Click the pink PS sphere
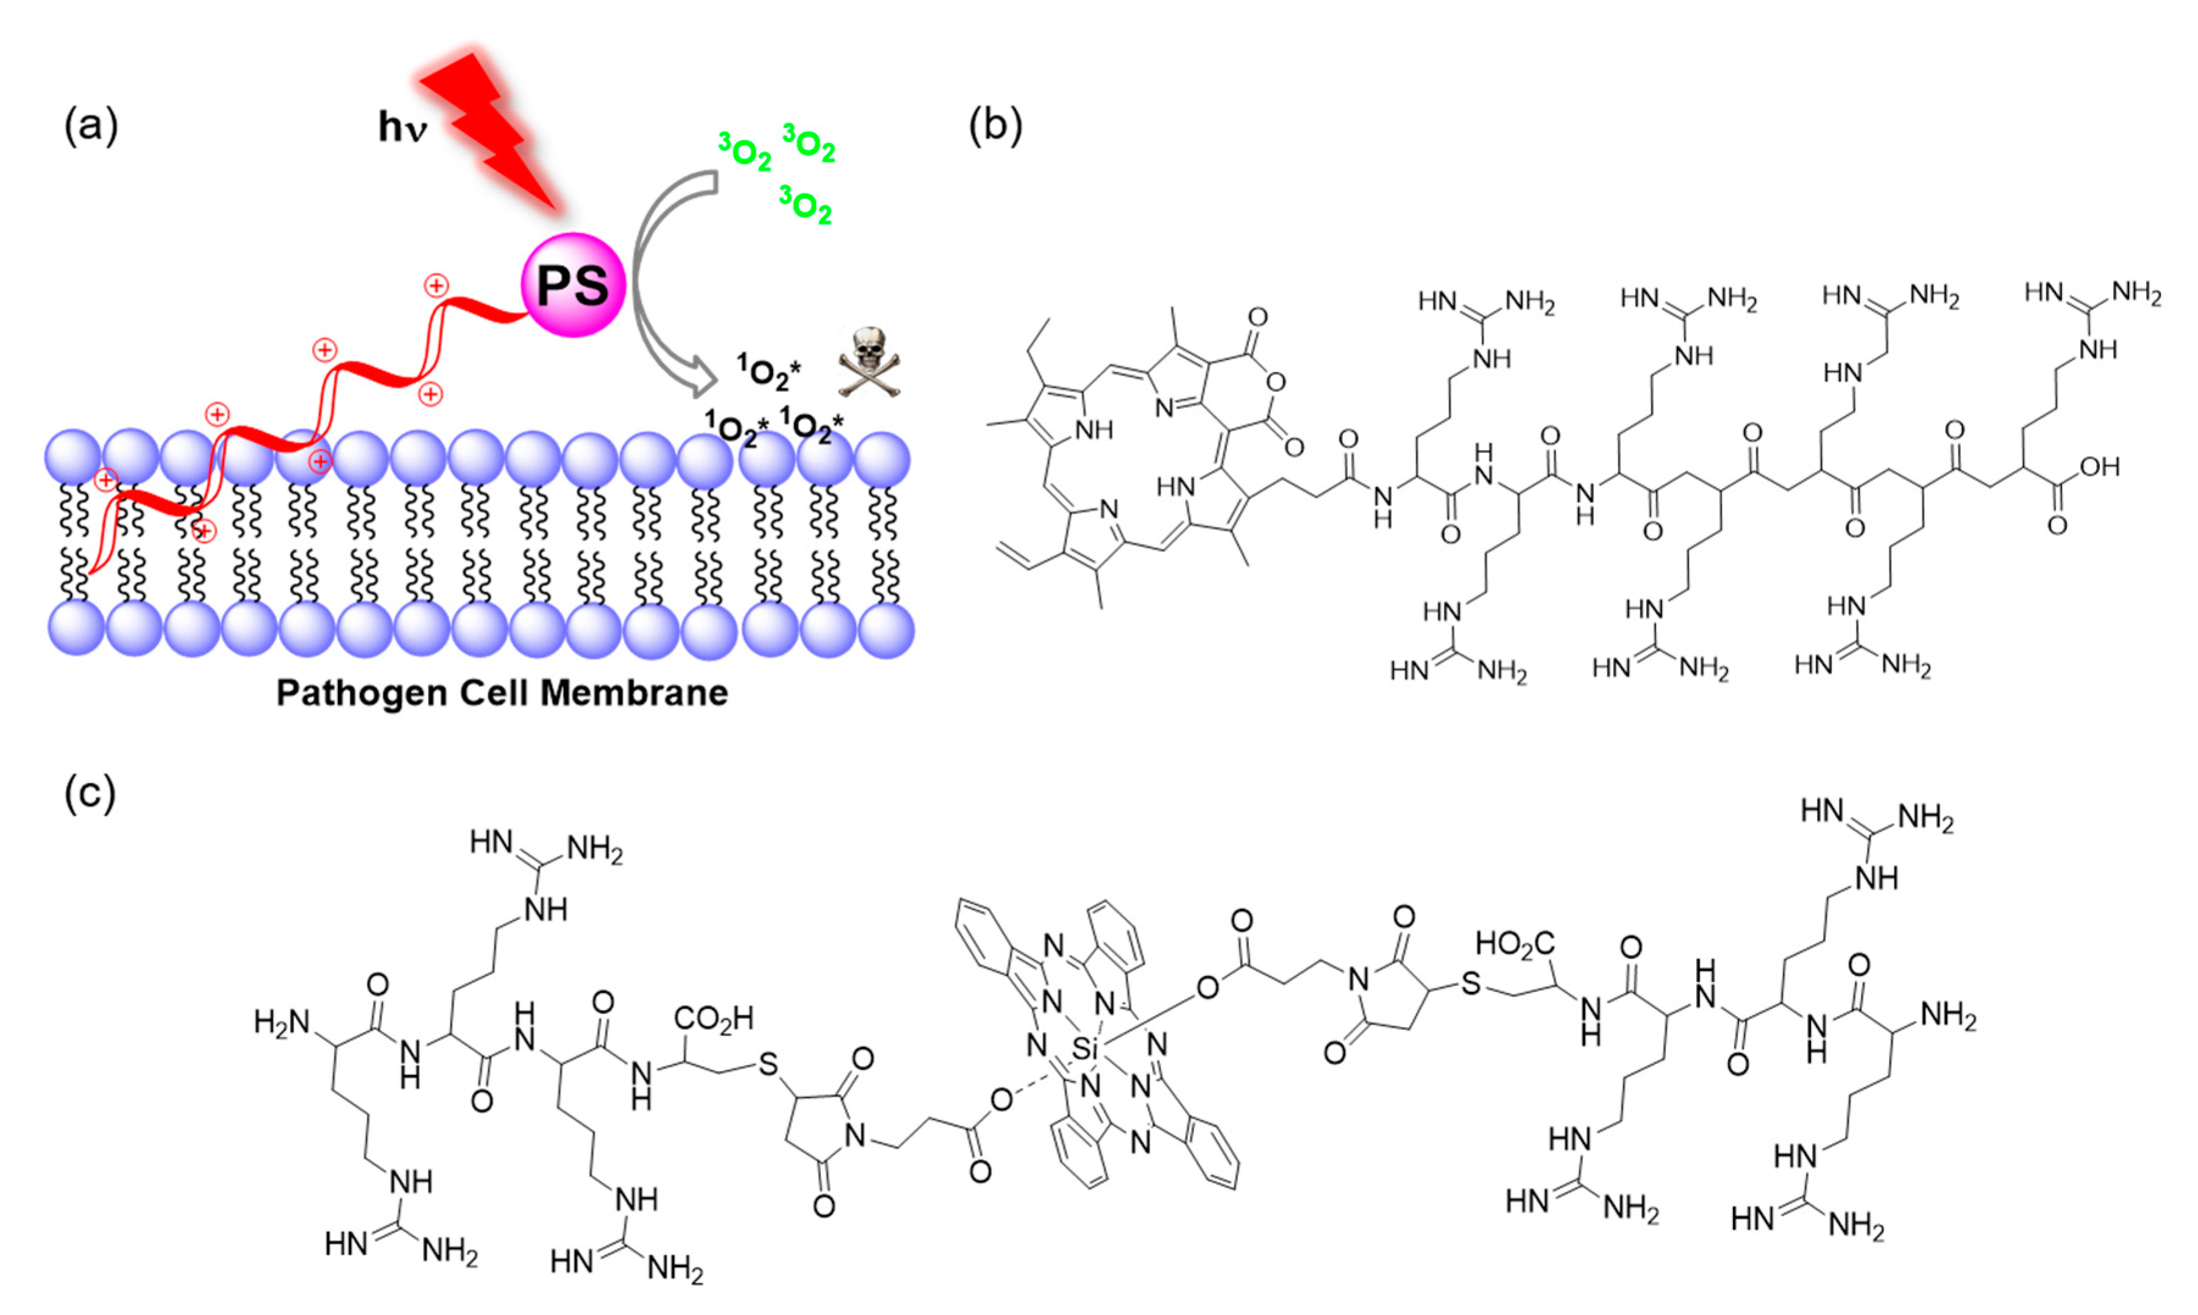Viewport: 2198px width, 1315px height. tap(573, 285)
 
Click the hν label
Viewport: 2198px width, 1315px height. tap(402, 127)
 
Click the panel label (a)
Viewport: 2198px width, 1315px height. tap(90, 126)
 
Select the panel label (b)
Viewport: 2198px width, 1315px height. tap(995, 126)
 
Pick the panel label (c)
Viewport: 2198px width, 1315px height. tap(90, 793)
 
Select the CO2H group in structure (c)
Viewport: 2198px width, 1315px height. tap(713, 1019)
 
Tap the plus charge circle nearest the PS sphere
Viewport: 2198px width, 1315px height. tap(436, 286)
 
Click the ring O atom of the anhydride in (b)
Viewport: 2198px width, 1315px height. tap(1276, 383)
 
